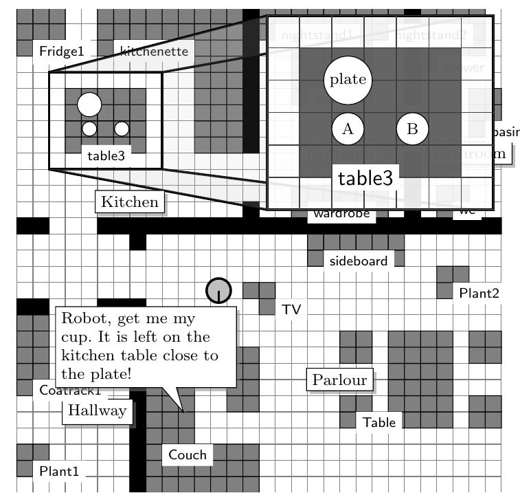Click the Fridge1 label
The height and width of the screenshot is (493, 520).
click(61, 51)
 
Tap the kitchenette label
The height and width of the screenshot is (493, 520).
click(153, 51)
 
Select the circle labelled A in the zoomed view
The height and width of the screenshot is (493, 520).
click(348, 129)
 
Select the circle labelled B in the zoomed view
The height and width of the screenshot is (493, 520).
click(412, 129)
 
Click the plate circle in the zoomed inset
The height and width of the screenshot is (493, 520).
click(348, 79)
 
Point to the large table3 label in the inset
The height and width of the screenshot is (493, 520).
click(367, 178)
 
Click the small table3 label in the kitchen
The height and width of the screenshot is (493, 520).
click(106, 156)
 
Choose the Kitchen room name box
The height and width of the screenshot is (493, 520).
click(130, 201)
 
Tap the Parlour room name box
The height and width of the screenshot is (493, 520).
click(339, 380)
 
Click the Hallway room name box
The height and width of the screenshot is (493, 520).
click(98, 411)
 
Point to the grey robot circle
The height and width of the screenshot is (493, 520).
click(218, 290)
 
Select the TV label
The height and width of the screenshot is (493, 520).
click(291, 310)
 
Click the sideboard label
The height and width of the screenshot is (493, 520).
click(359, 261)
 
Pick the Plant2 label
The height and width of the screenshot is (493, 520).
click(479, 293)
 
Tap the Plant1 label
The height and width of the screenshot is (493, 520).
click(59, 472)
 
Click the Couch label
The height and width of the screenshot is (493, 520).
click(187, 454)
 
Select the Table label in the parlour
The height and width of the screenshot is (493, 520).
click(379, 422)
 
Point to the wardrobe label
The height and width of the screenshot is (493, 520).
click(341, 214)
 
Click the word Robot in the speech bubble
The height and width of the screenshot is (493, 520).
click(82, 320)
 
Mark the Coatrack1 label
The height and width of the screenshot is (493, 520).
click(70, 391)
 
